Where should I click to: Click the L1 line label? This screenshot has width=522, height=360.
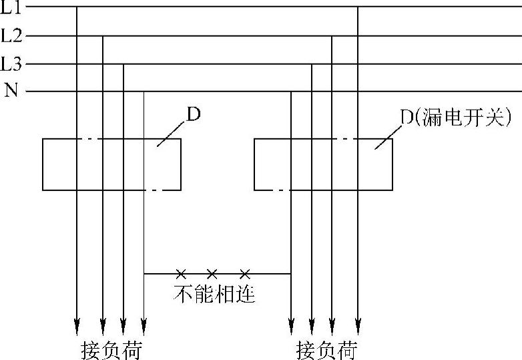[x=11, y=7]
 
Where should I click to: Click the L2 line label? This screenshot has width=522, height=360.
[x=11, y=35]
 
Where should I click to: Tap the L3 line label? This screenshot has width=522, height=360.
[x=11, y=64]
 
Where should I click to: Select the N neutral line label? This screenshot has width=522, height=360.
[x=11, y=91]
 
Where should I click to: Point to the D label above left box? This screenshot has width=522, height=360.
[x=193, y=115]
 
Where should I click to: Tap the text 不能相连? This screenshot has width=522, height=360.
[x=214, y=295]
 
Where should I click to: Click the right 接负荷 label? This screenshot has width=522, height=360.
[x=326, y=351]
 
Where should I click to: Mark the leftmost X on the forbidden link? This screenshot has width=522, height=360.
[x=180, y=273]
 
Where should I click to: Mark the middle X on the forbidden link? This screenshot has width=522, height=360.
[x=212, y=273]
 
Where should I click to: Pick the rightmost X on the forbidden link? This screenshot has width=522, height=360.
[x=245, y=273]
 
